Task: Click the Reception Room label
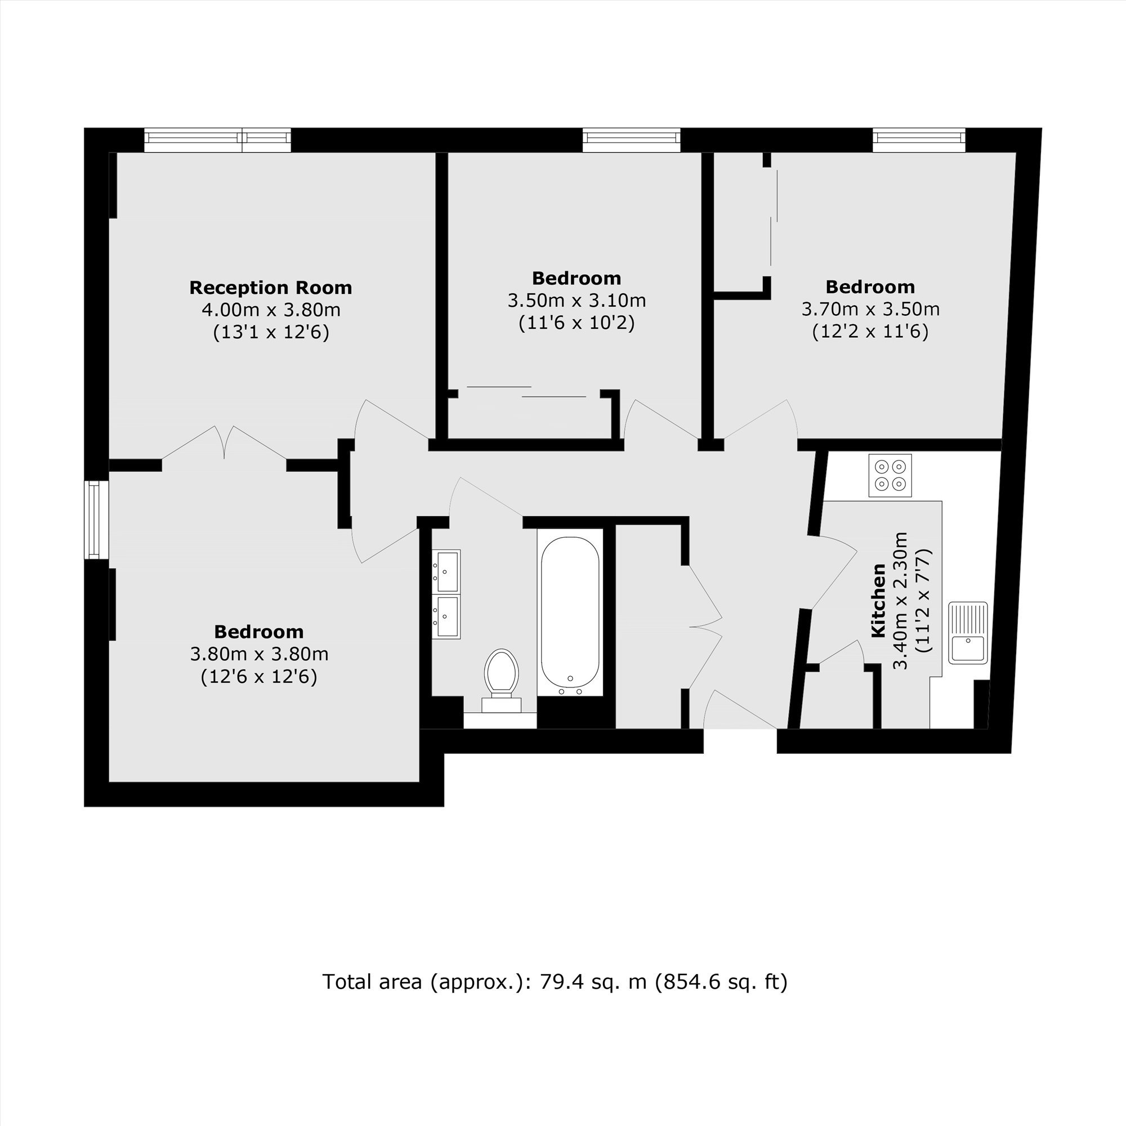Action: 270,287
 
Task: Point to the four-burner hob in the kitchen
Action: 890,476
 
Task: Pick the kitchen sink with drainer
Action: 968,633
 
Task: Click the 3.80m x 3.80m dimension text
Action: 260,654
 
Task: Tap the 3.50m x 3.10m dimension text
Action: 577,300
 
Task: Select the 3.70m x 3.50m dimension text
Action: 870,309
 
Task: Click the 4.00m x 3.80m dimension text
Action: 271,310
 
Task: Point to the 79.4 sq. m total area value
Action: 593,982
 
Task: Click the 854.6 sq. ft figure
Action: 721,982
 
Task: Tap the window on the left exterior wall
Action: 97,520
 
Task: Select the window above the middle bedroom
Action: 631,140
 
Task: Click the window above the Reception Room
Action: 217,140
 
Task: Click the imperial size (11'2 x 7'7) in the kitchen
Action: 924,600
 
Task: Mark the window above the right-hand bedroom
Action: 918,140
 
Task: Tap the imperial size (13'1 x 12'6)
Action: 271,332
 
